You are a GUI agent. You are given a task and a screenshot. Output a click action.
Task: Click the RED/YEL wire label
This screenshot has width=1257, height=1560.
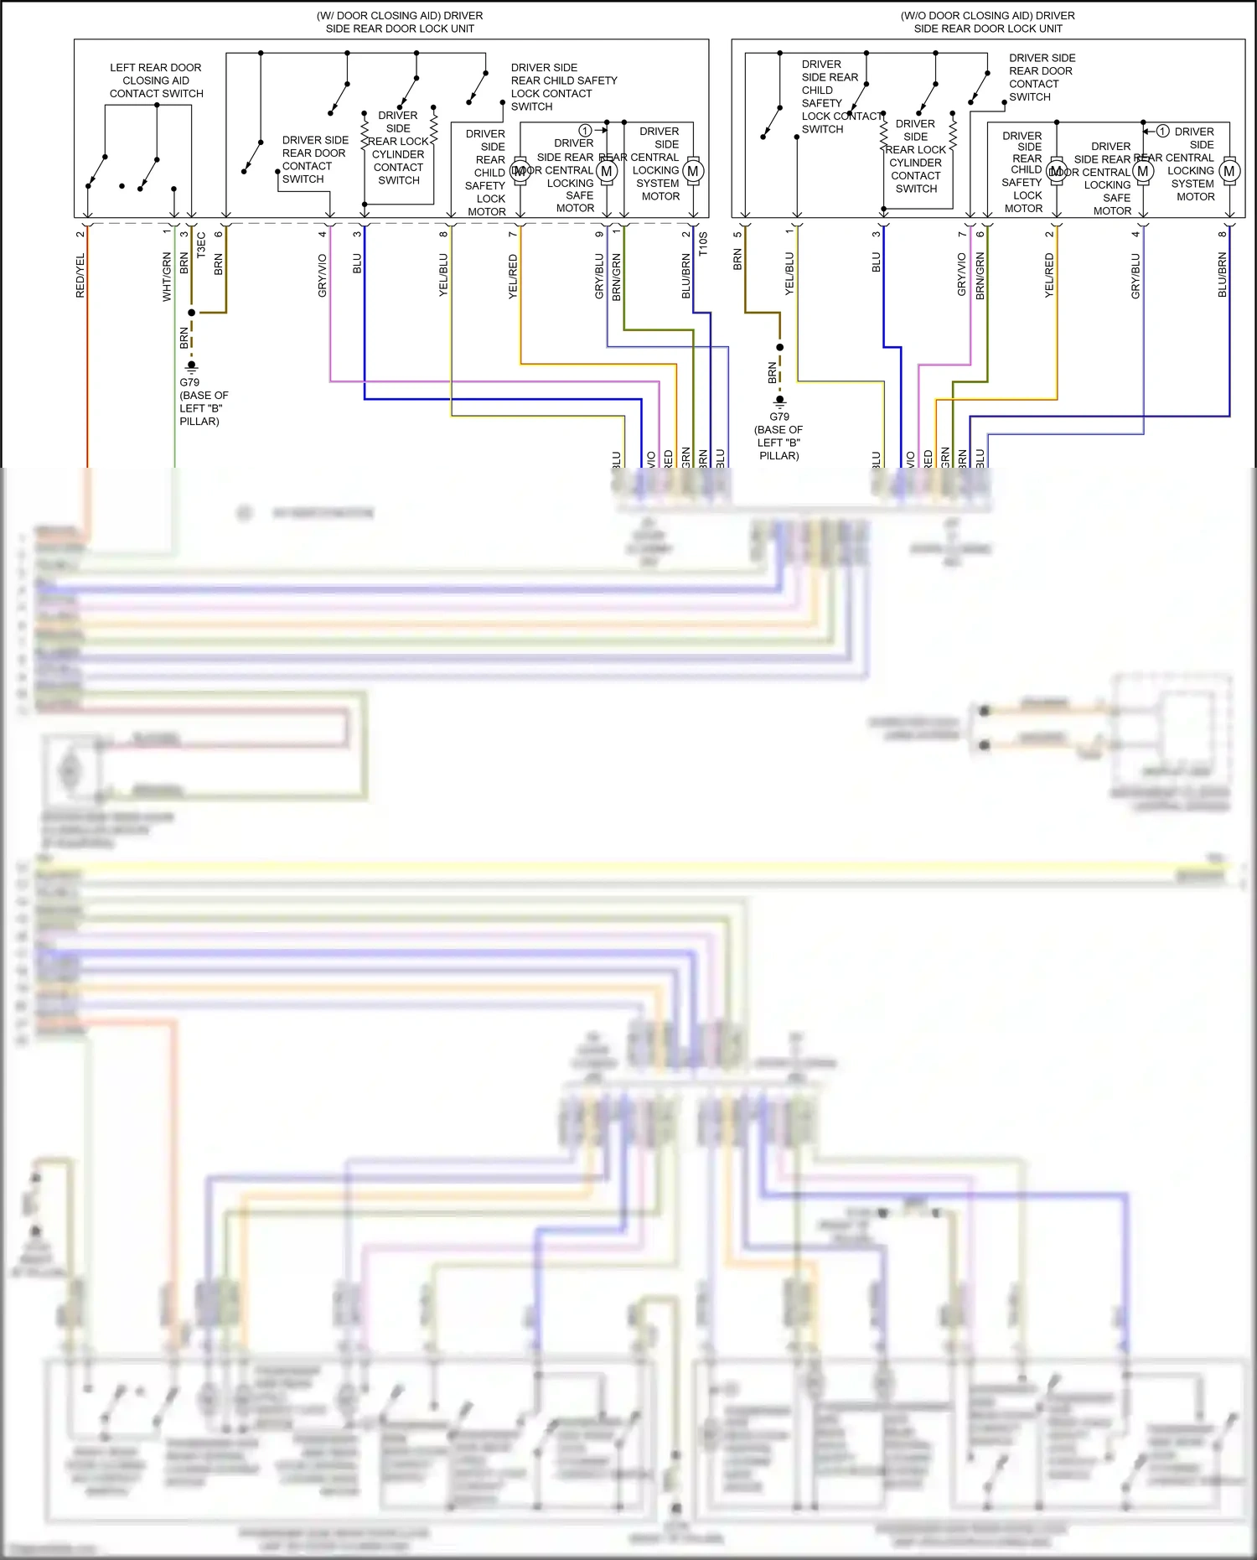pos(80,276)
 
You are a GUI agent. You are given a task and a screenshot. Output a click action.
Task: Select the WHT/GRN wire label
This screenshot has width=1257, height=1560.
pos(167,276)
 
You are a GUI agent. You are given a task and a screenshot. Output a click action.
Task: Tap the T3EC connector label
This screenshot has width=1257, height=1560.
pos(201,245)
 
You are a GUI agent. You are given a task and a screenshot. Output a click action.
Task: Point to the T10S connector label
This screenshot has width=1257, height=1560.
pos(703,244)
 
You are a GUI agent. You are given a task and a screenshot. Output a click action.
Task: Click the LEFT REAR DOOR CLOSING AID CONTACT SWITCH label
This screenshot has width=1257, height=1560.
pos(156,80)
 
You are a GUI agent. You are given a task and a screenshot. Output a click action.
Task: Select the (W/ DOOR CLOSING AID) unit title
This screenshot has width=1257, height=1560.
pos(400,22)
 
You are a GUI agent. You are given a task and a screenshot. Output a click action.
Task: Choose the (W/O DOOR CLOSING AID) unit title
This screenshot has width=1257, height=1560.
pos(987,22)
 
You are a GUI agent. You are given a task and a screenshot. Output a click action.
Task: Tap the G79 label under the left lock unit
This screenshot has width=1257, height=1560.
pos(189,382)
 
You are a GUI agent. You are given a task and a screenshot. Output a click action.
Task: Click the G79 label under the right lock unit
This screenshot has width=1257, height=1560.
pos(779,417)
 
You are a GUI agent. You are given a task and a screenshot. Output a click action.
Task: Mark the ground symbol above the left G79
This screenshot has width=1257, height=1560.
pos(191,366)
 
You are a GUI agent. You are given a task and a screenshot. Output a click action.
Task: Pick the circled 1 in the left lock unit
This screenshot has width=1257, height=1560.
pos(585,131)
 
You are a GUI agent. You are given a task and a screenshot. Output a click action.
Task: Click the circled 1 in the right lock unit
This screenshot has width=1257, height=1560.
pos(1163,132)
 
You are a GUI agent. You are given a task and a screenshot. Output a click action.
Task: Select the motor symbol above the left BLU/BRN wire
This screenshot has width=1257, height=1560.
pos(693,172)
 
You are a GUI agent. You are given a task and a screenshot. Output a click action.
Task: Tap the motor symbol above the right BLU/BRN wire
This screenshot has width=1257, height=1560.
pos(1229,172)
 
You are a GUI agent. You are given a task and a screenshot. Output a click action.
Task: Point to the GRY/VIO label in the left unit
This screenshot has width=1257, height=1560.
pos(323,276)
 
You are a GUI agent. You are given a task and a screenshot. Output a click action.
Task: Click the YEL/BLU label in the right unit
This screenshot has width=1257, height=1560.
pos(789,273)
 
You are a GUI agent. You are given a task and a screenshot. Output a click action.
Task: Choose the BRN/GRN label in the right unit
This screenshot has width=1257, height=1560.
pos(980,276)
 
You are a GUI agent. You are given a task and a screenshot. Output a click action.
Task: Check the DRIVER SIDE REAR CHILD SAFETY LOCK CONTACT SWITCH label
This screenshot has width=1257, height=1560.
pos(563,87)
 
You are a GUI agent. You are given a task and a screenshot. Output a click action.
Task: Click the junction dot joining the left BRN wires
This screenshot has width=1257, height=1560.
pos(191,313)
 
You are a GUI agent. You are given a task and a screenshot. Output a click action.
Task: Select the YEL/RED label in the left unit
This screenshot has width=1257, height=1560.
pos(513,277)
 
